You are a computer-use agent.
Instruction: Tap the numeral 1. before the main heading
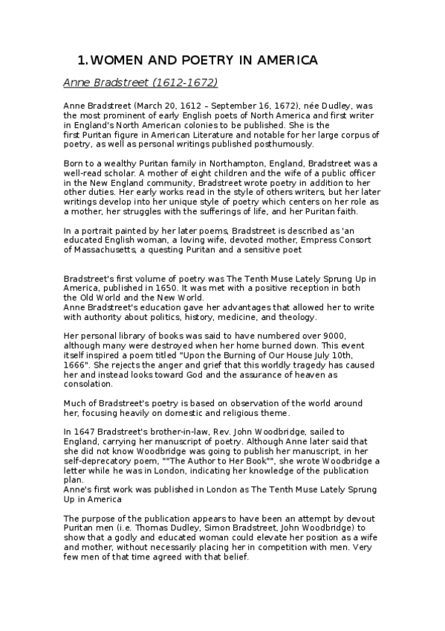tap(82, 60)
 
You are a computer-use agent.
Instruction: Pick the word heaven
tap(293, 375)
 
